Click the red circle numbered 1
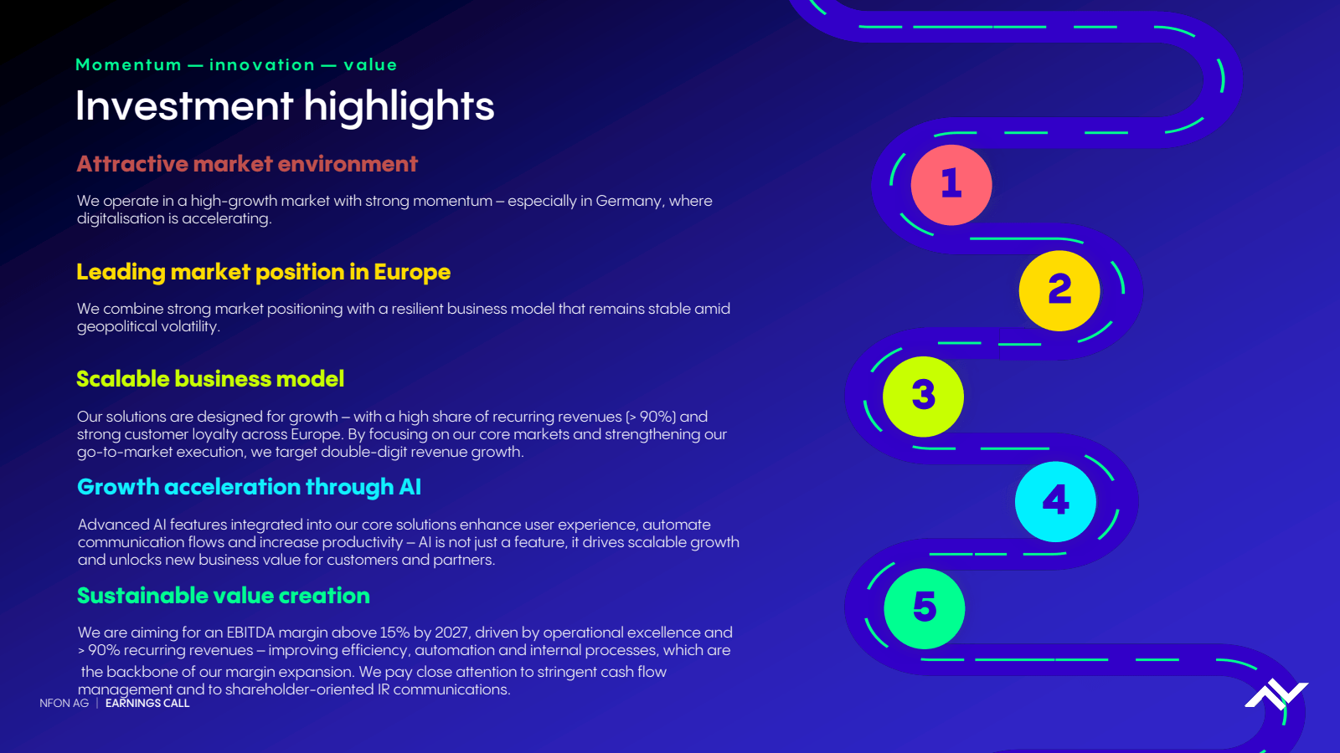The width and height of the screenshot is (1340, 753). (951, 185)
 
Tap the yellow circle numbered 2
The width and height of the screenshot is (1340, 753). (1059, 290)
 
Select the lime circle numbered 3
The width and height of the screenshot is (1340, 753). (923, 397)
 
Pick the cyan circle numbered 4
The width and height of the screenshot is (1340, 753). (1056, 501)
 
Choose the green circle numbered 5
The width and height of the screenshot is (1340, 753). (925, 608)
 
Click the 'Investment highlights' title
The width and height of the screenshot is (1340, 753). (285, 106)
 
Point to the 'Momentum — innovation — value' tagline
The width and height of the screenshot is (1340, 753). (236, 64)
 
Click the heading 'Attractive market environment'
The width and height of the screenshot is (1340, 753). (247, 164)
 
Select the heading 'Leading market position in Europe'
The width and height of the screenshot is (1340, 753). (263, 272)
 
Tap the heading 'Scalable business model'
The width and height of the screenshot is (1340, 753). (210, 379)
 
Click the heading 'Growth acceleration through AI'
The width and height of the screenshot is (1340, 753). (249, 487)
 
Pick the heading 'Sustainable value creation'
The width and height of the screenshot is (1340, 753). (223, 596)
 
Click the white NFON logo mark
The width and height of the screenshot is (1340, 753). (1276, 694)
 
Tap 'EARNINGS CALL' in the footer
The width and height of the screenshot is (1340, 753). (147, 704)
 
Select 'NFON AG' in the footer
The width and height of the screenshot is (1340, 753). (64, 704)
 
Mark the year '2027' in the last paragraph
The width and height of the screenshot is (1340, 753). (451, 633)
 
